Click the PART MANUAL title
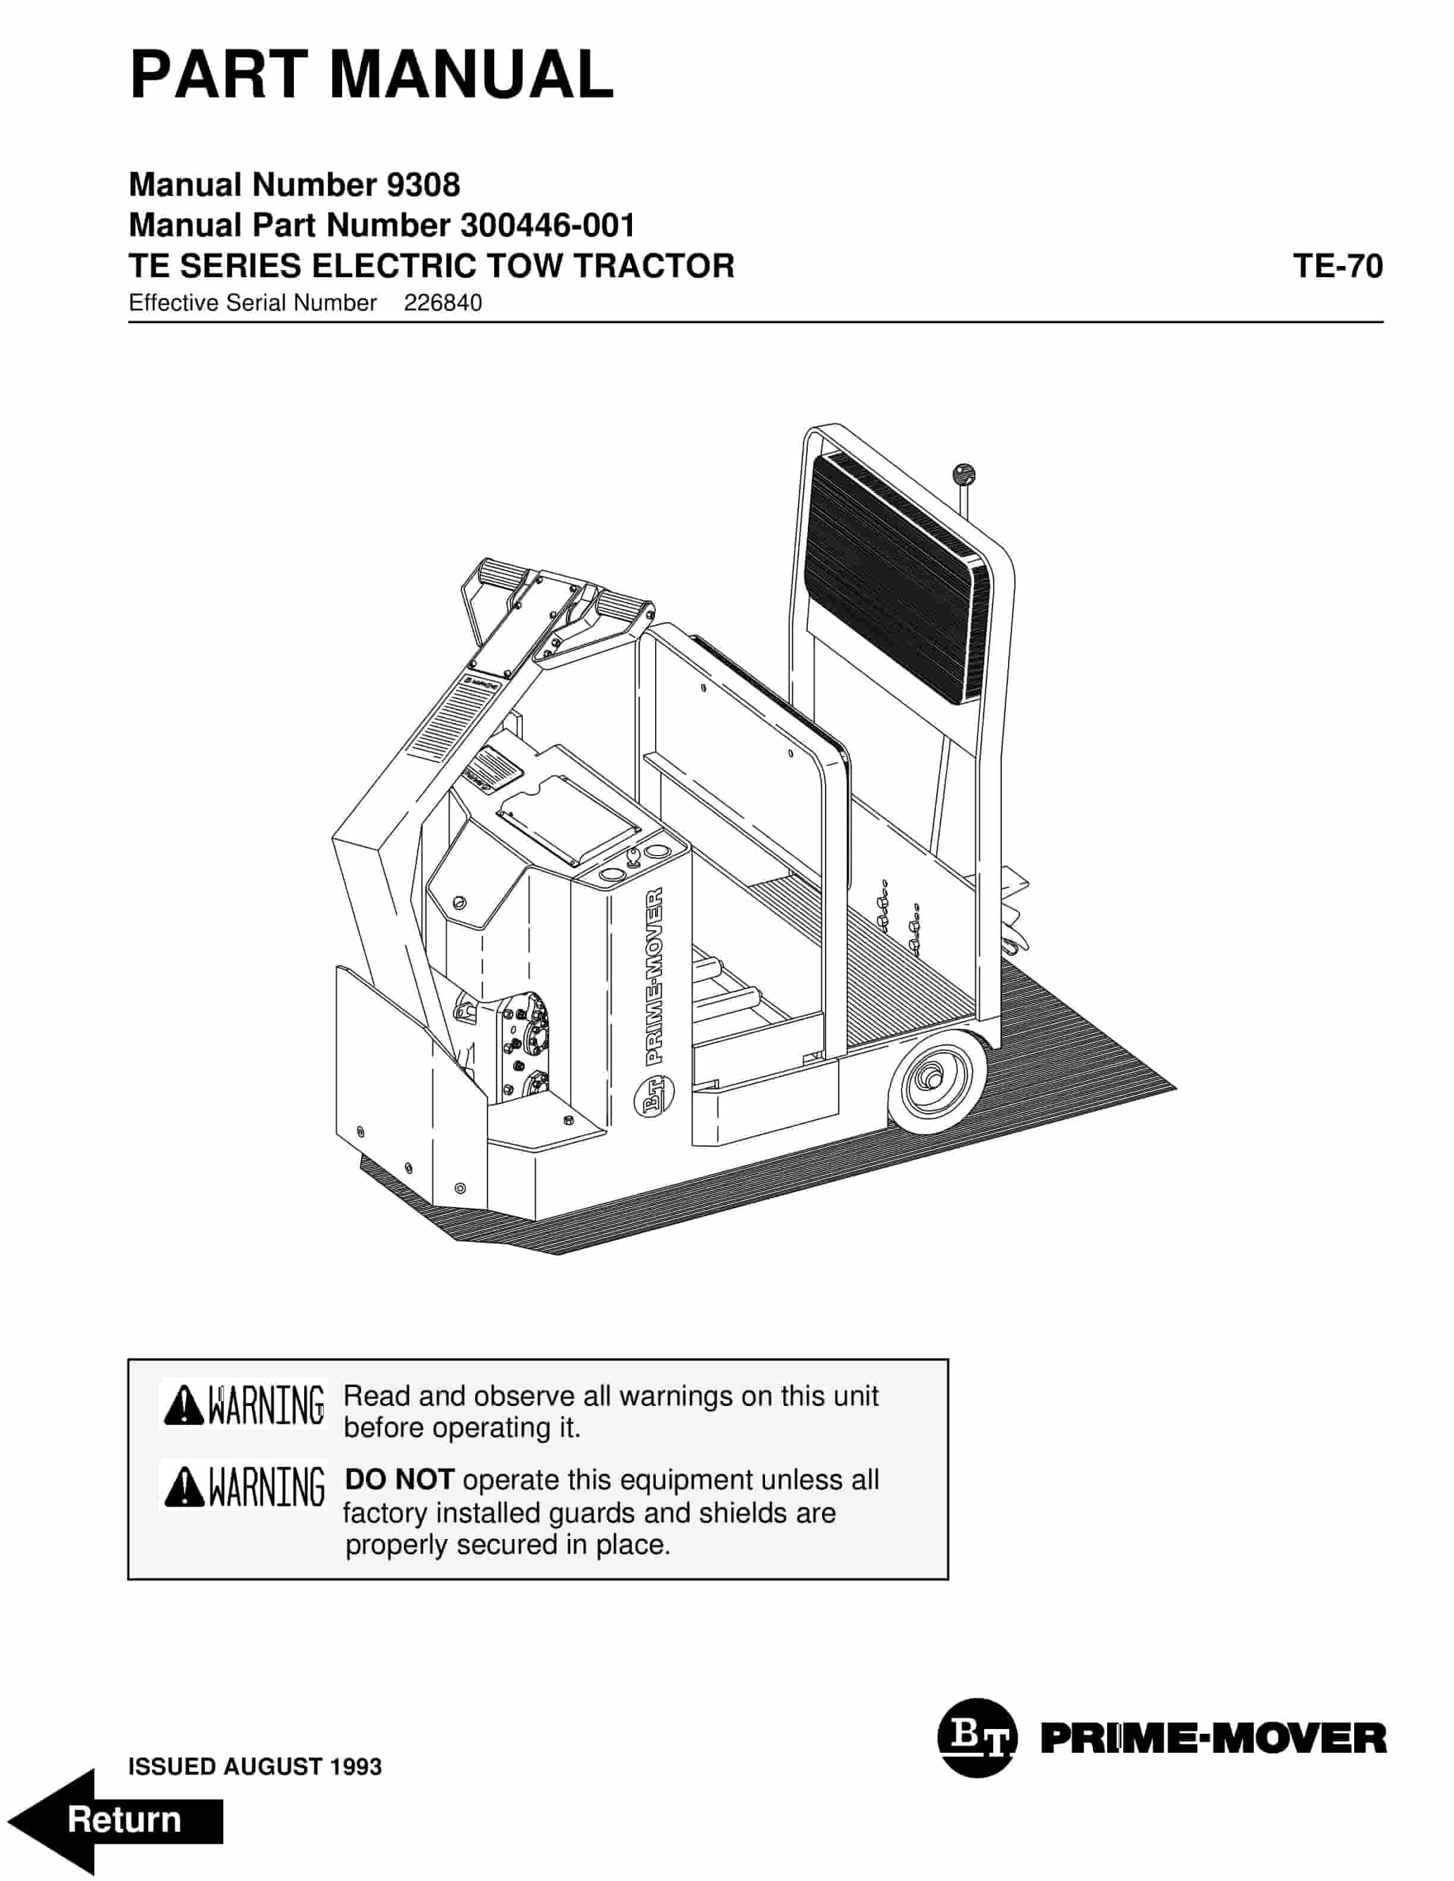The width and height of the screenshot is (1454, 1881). coord(371,76)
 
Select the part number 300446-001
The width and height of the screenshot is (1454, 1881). coord(548,226)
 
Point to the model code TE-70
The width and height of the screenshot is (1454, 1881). coord(1337,266)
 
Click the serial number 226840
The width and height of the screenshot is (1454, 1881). coord(442,303)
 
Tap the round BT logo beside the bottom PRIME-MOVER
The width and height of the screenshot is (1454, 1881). coord(977,1738)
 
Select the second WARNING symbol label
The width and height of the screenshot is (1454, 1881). coord(244,1487)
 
